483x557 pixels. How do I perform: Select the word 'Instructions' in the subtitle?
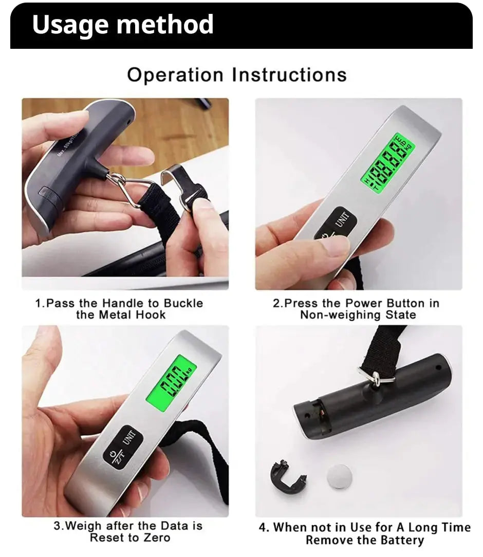(289, 75)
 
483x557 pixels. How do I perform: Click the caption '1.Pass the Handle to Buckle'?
(119, 303)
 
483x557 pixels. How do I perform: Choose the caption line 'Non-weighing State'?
(358, 315)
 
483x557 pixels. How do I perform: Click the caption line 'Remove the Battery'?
(365, 540)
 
